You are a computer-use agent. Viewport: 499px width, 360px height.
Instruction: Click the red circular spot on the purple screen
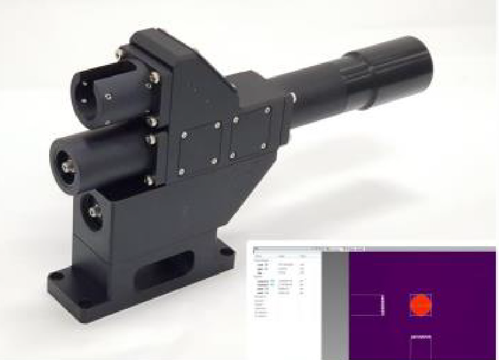coord(420,305)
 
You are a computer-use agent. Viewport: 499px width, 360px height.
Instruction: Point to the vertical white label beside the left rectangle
coord(383,305)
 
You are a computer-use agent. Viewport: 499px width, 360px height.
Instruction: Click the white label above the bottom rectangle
coord(420,337)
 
